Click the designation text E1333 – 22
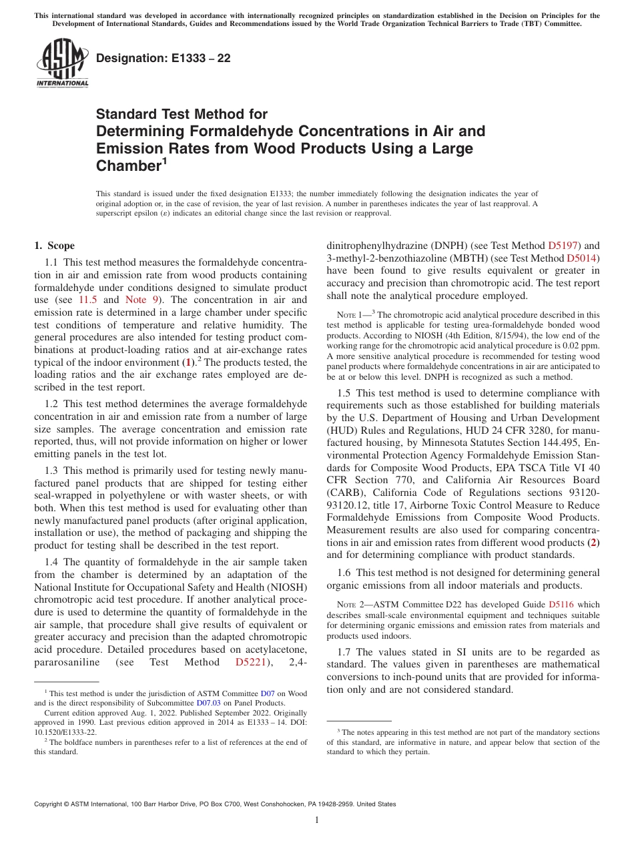[x=164, y=58]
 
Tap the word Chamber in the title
[x=127, y=166]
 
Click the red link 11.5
[x=88, y=300]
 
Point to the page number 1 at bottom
[x=317, y=820]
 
